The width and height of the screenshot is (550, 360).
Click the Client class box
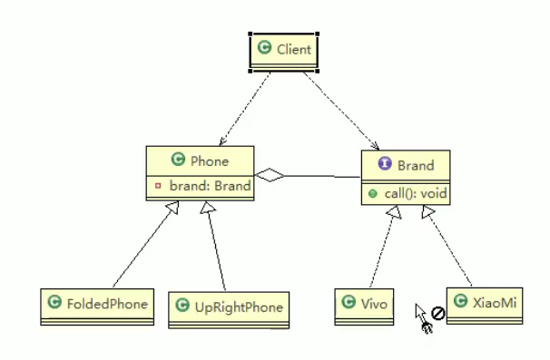click(283, 52)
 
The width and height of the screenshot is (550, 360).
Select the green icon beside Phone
click(178, 159)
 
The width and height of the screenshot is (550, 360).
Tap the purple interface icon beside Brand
click(385, 163)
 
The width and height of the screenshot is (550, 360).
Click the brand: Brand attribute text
click(211, 186)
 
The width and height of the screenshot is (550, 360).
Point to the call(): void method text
click(416, 193)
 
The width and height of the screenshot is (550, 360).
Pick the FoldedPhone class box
click(97, 306)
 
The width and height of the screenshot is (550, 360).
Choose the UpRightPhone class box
click(229, 310)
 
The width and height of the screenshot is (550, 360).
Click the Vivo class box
click(364, 306)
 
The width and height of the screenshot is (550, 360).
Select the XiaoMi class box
click(485, 306)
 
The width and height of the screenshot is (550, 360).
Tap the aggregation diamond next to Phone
click(270, 175)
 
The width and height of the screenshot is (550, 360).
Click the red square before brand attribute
click(158, 186)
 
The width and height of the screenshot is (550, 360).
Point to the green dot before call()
click(372, 193)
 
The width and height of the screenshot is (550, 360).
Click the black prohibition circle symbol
click(437, 313)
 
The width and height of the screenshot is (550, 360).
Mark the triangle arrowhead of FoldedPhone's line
click(173, 207)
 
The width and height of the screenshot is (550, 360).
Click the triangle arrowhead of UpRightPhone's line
click(207, 207)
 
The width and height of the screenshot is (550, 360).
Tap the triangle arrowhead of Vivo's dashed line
click(394, 211)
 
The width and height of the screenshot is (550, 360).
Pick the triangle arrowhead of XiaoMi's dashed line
click(428, 210)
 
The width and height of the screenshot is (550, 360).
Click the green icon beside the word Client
click(264, 47)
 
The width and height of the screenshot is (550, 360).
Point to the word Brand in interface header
click(416, 165)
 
